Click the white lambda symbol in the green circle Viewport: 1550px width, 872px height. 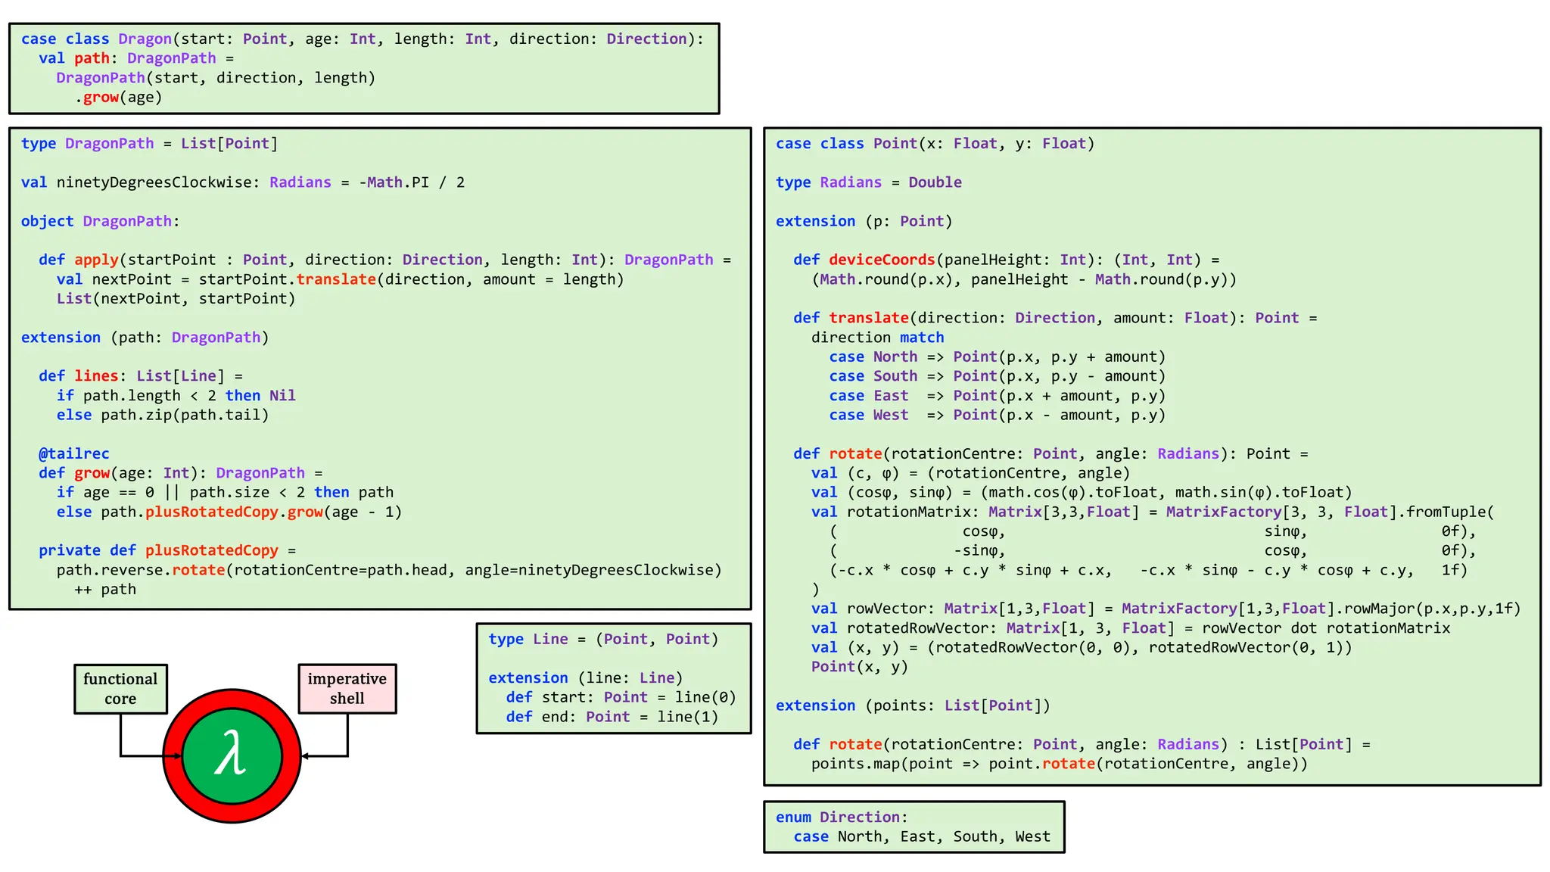tap(231, 754)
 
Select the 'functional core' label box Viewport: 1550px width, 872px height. tap(120, 689)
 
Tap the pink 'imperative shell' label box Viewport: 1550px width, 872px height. tap(347, 689)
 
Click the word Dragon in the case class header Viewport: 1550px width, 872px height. tap(145, 39)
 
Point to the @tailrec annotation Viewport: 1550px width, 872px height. tap(74, 453)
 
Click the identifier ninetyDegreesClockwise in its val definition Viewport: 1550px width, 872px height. tap(154, 182)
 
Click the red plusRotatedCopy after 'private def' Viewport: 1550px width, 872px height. tap(212, 550)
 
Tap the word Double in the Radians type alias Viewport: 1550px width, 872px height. tap(935, 182)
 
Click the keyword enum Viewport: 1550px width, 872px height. tap(793, 817)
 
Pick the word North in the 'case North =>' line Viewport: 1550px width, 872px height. tap(895, 357)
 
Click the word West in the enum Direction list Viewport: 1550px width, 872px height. tap(1032, 836)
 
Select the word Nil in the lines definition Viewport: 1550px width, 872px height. tap(282, 395)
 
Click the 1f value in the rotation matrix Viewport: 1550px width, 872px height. tap(1454, 570)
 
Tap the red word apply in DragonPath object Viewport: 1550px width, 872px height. tap(96, 260)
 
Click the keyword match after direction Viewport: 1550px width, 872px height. tap(922, 338)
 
